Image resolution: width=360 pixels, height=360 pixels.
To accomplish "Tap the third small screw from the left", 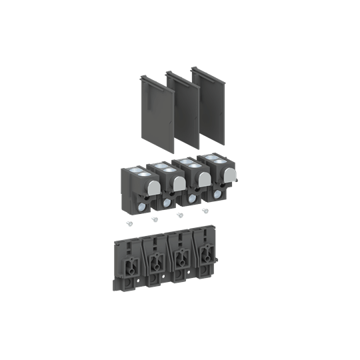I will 178,215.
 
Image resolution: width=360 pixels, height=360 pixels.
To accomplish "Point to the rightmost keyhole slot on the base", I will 205,254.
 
